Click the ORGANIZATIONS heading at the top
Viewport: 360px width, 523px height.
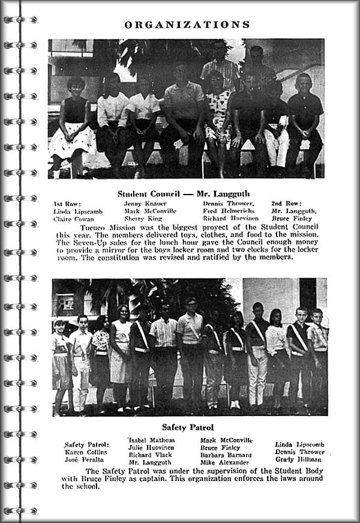pos(187,25)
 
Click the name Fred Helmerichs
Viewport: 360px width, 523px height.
pos(229,211)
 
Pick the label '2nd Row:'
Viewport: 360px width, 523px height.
pos(288,204)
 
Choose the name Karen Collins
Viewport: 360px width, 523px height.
pos(87,452)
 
